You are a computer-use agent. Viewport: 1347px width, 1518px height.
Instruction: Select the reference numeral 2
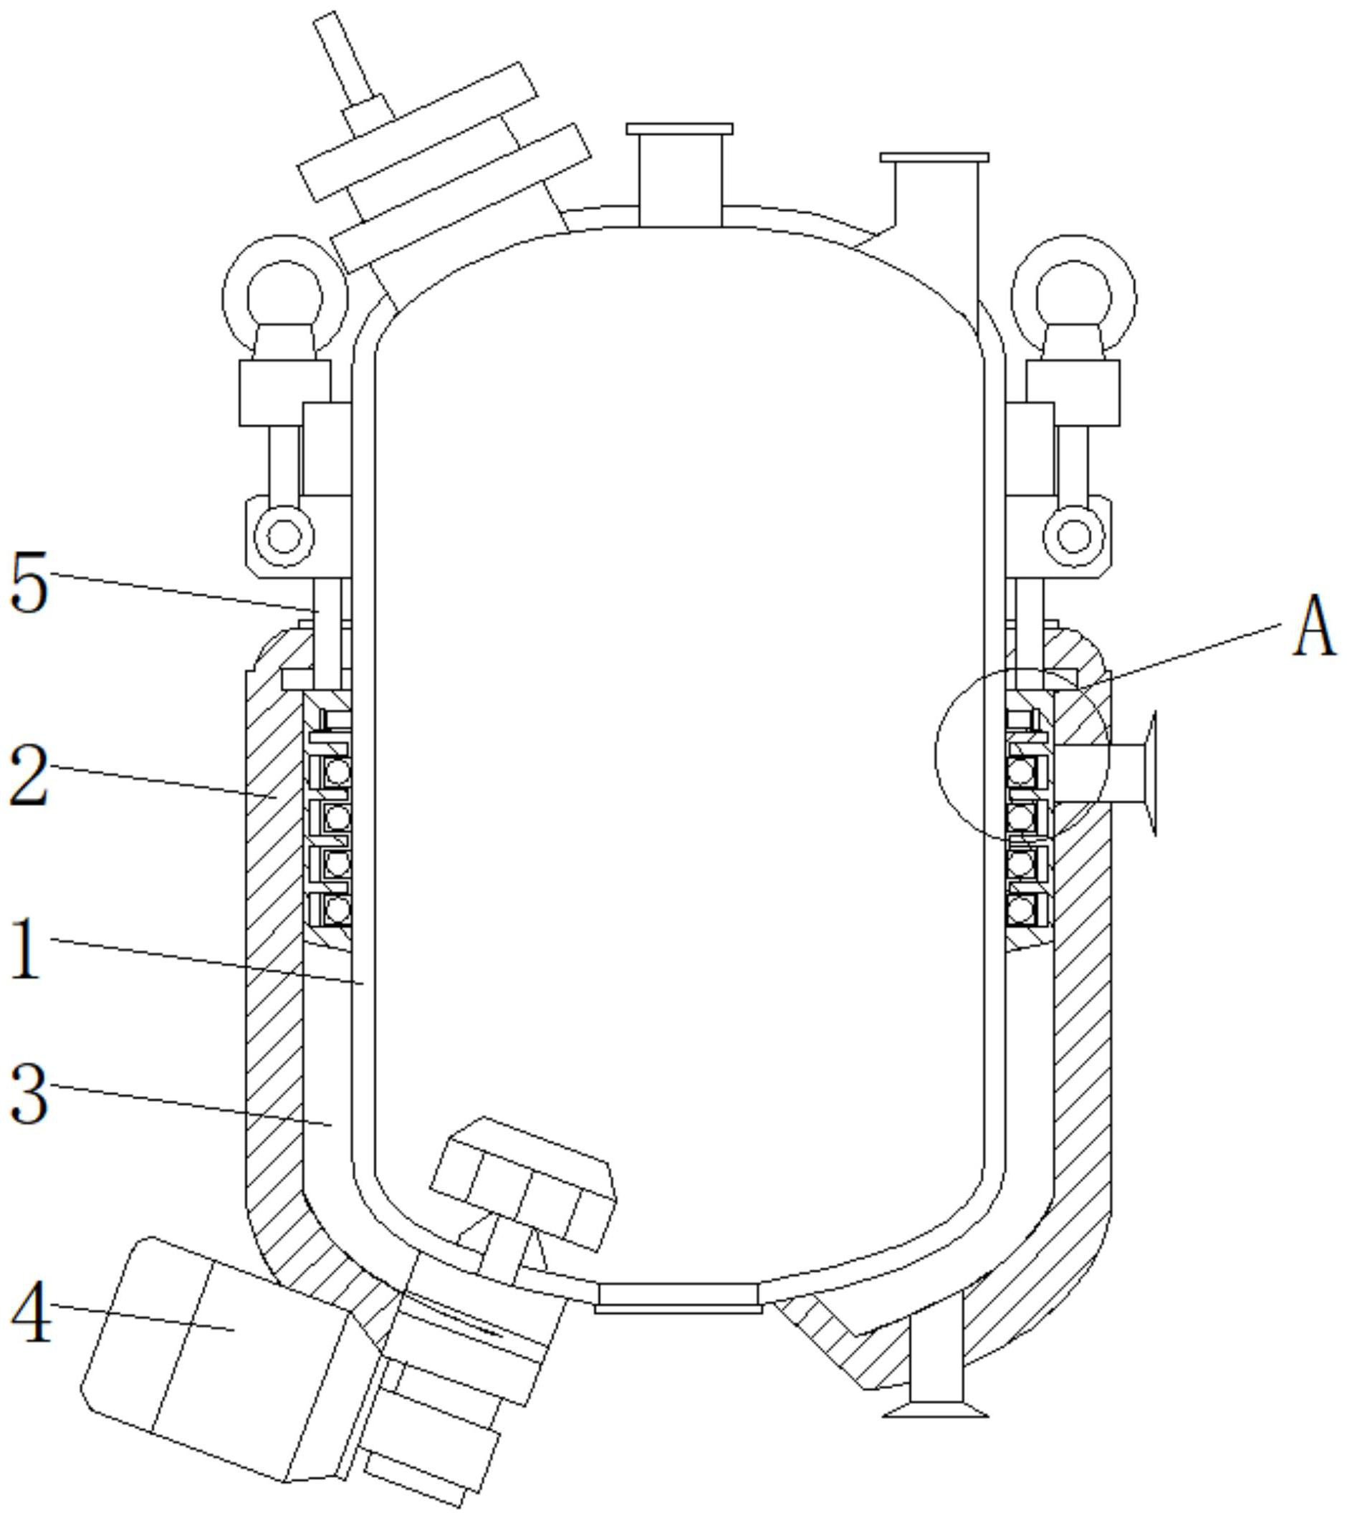(x=29, y=776)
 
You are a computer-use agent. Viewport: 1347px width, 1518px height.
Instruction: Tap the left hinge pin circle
(x=283, y=534)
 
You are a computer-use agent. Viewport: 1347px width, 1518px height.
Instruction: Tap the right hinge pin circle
(x=1073, y=534)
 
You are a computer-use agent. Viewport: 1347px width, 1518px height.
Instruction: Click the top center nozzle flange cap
(x=679, y=128)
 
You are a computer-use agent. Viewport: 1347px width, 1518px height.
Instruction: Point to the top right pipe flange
(x=934, y=158)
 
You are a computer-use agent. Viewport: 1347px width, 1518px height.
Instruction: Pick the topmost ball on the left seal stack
(x=337, y=772)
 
